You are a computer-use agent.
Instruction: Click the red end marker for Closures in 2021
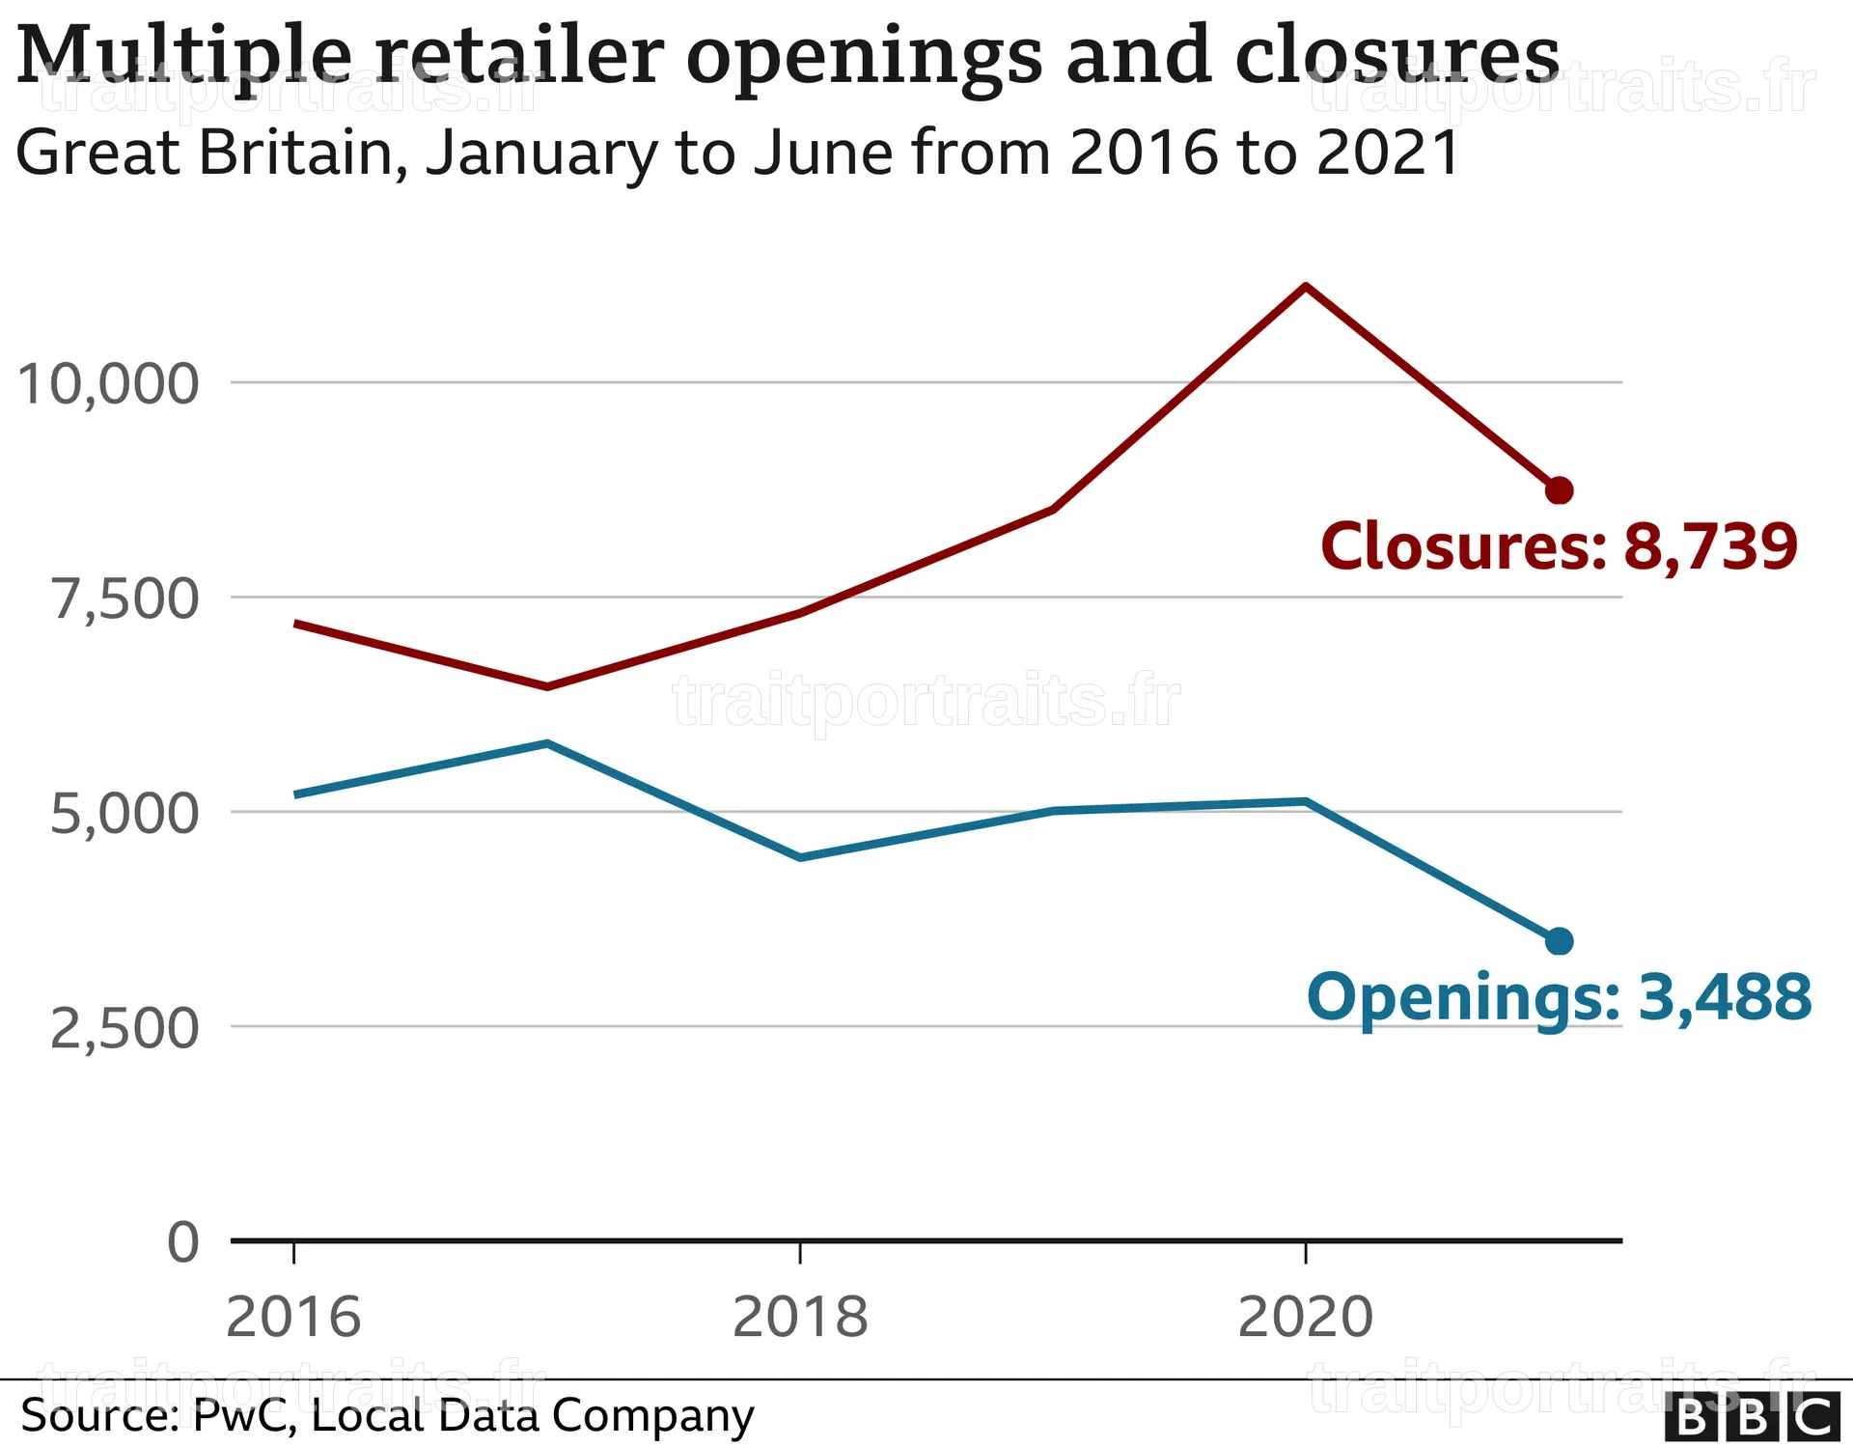pos(1559,490)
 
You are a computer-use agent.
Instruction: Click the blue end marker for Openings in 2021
pos(1559,941)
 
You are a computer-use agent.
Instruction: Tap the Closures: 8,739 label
pos(1559,546)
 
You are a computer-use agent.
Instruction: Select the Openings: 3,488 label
pos(1559,998)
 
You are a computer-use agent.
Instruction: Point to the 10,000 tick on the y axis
pos(108,384)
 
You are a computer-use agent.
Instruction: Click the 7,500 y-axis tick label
pos(124,599)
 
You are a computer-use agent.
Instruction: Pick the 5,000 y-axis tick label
pos(124,814)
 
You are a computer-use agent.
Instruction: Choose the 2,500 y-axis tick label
pos(124,1028)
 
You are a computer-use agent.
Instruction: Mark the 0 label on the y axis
pos(183,1241)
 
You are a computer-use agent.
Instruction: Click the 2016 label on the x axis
pos(293,1318)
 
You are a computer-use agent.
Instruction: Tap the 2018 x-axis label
pos(800,1318)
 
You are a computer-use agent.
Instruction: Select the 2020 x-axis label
pos(1305,1318)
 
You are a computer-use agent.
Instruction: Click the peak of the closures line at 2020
pos(1305,286)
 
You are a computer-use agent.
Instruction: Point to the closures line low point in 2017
pos(547,687)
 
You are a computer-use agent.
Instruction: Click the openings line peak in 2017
pos(547,743)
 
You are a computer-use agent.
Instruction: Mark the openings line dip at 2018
pos(800,857)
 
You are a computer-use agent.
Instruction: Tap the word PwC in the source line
pos(241,1416)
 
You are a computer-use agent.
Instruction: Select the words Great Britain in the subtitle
pos(212,153)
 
